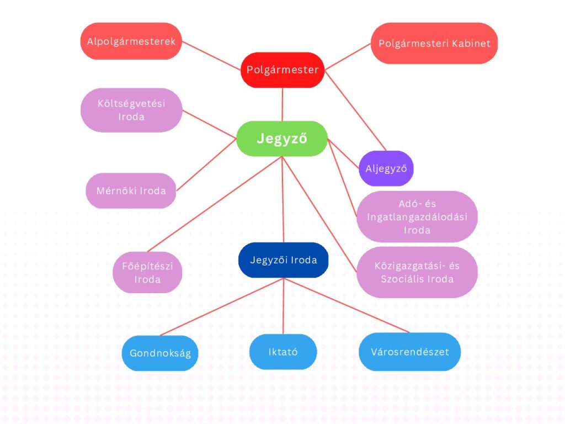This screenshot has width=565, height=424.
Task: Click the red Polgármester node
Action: tap(282, 70)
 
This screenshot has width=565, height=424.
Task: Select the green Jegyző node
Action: tap(282, 139)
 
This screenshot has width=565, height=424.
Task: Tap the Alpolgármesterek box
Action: tap(131, 41)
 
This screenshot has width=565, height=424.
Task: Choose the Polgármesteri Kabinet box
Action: tap(434, 43)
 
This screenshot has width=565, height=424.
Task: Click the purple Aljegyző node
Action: tap(386, 168)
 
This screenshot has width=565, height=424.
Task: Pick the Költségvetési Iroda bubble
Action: tap(131, 110)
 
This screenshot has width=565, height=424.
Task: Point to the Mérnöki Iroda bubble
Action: tap(131, 190)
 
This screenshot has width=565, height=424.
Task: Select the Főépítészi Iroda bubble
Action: tap(147, 272)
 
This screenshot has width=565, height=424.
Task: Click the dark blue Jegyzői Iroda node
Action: tap(284, 260)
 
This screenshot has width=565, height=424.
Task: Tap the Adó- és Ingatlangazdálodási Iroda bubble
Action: tap(417, 216)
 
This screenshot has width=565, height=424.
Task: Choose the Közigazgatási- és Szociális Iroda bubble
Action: tap(417, 272)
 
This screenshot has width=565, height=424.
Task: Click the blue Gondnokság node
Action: tap(160, 353)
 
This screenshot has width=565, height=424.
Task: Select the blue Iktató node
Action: tap(283, 352)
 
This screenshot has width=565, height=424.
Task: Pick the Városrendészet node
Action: tap(410, 352)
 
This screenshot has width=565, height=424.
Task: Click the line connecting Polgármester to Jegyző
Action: tap(282, 104)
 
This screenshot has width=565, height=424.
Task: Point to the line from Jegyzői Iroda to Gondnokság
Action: tap(222, 307)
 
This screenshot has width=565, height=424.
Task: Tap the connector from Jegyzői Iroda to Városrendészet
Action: tap(347, 305)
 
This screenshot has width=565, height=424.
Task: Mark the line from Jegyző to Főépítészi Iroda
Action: tap(215, 204)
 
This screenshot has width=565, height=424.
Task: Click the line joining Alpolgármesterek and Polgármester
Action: tap(211, 56)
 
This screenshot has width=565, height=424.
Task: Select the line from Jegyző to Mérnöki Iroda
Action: tap(206, 165)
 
